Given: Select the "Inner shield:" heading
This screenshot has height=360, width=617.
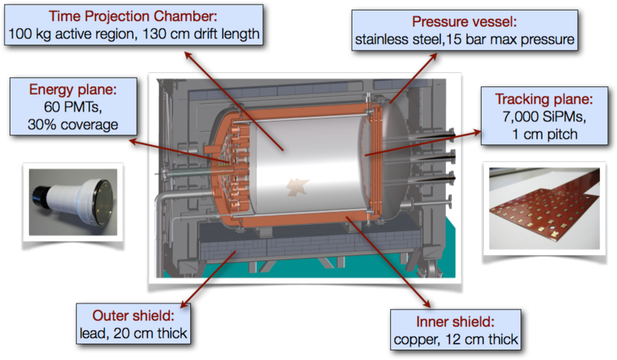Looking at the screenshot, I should [455, 322].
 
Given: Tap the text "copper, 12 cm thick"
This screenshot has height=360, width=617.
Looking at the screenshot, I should [455, 340].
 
